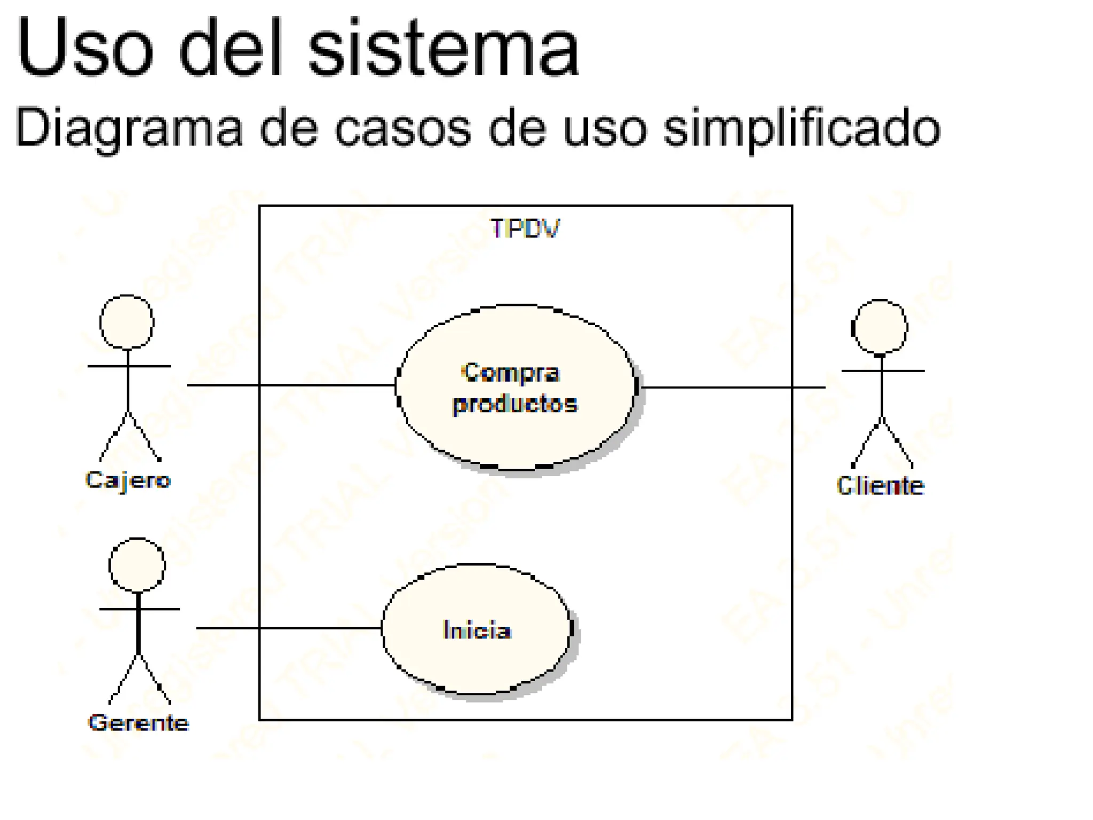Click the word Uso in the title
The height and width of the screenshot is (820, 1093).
(x=85, y=48)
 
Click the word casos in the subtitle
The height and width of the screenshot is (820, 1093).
(x=403, y=128)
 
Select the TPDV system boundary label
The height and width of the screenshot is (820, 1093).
(x=525, y=228)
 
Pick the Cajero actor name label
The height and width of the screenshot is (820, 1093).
(x=128, y=480)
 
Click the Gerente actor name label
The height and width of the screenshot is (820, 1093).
(x=138, y=723)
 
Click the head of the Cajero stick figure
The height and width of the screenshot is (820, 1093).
(x=127, y=322)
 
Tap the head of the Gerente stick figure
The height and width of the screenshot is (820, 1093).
(x=137, y=565)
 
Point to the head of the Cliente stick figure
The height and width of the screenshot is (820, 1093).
(x=880, y=327)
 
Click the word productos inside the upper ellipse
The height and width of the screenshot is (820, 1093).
(x=515, y=404)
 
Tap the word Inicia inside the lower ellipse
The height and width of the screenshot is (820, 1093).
(x=477, y=630)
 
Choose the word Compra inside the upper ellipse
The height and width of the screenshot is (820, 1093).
(x=511, y=373)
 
